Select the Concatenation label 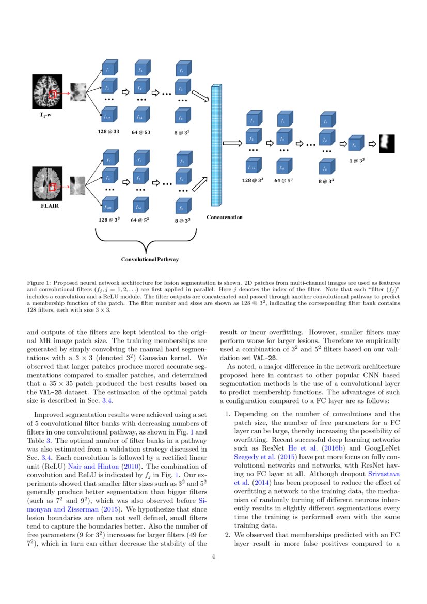(225, 217)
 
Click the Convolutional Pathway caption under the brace (150, 259)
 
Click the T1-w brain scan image (47, 92)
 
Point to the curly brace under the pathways (147, 240)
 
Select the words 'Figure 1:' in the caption (39, 283)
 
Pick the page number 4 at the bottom (213, 557)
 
